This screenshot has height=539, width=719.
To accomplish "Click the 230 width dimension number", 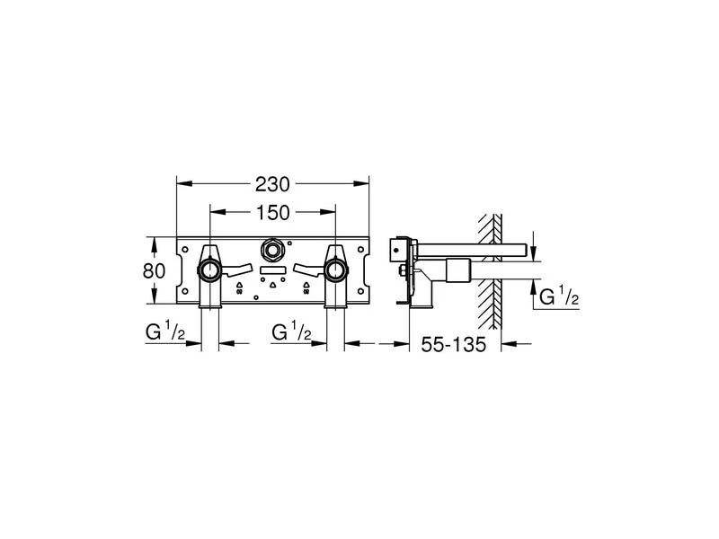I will click(273, 184).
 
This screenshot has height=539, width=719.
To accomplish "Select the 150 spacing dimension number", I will click(273, 213).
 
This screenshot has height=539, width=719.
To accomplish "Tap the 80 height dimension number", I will click(155, 269).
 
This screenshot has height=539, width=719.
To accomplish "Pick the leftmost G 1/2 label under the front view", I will click(164, 332).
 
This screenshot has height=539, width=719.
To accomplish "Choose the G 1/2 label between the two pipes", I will click(291, 332).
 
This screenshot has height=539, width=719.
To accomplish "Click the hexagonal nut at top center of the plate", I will click(273, 249).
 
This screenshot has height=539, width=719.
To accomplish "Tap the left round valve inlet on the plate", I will click(209, 269).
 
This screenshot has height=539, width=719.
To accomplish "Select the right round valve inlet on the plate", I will click(337, 269).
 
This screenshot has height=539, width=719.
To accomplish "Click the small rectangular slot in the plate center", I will click(273, 269).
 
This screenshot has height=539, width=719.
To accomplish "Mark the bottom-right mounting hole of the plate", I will click(363, 293).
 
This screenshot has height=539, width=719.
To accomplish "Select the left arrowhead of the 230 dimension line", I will click(181, 184).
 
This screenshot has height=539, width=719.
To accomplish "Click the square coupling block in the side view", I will click(458, 269).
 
